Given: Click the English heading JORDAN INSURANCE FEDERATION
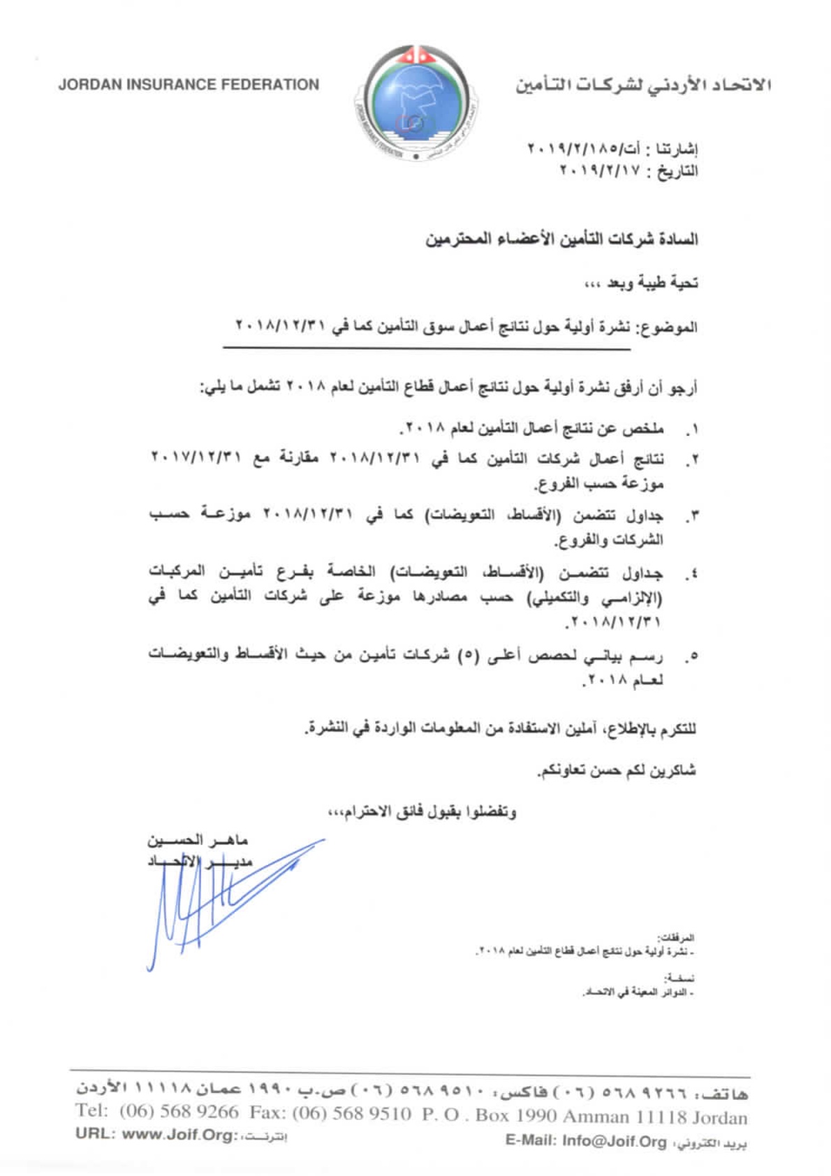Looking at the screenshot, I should (189, 84).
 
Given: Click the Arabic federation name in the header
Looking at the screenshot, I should (643, 85).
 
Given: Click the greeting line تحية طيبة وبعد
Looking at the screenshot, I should (641, 284).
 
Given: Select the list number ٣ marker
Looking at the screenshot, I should (691, 518).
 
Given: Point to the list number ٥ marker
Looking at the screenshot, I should (691, 657).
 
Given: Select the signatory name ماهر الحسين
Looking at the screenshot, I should (198, 839).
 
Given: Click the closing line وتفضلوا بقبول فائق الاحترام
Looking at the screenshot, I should (422, 812).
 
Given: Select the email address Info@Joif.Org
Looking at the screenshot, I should (615, 1140).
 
